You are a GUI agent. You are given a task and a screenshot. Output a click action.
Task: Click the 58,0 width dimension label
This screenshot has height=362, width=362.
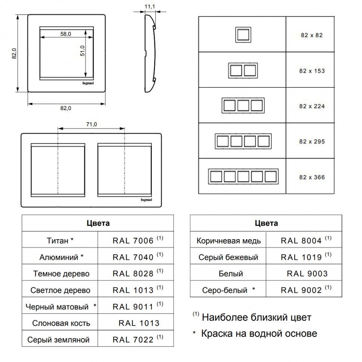coord(66,34)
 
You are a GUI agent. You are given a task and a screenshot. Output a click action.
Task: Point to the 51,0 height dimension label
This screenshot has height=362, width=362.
coord(82,51)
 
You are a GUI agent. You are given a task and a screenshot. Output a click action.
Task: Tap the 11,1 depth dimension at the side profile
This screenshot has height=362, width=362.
coord(150,6)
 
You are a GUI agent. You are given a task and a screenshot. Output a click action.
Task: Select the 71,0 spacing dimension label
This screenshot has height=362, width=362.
coord(91,124)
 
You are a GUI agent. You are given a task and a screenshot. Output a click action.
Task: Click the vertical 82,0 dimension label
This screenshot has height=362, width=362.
coord(14,53)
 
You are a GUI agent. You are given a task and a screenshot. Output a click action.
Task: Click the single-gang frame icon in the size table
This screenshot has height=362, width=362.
coord(243,35)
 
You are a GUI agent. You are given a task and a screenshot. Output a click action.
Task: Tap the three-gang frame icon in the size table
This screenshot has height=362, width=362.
coord(243,106)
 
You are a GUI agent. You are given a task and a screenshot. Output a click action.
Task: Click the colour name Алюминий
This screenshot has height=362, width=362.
coord(59,257)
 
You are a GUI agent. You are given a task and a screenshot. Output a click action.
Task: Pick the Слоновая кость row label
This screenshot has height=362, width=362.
coord(61,323)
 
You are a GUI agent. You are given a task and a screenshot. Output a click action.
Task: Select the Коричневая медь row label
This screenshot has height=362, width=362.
coord(228,241)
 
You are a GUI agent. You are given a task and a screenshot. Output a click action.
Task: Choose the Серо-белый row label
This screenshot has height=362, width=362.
coord(225,290)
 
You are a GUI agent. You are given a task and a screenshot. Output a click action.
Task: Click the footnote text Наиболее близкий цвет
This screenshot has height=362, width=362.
coord(256,318)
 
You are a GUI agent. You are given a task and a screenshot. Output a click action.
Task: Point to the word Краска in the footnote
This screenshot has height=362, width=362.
coord(217,334)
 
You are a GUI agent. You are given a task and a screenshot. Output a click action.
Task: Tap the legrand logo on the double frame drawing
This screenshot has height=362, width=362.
coord(146,200)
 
